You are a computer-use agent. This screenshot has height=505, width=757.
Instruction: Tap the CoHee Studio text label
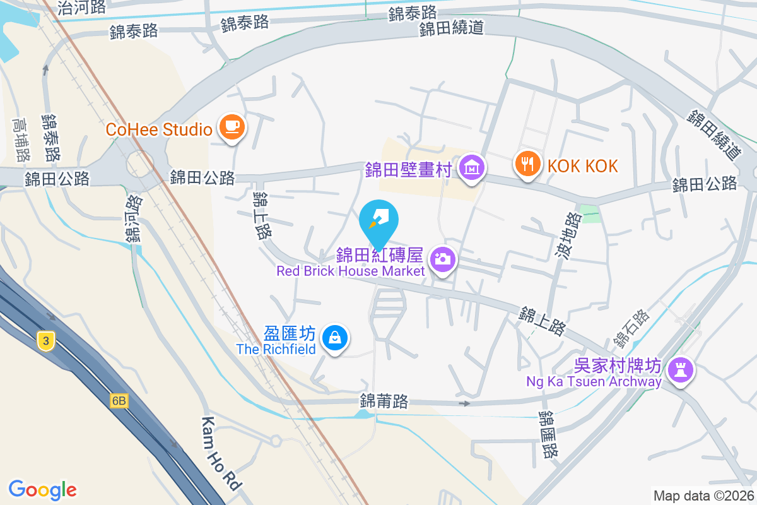click(x=158, y=129)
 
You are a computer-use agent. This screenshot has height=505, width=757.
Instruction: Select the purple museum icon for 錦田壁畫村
click(x=472, y=168)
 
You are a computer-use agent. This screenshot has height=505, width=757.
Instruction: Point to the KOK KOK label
click(x=582, y=165)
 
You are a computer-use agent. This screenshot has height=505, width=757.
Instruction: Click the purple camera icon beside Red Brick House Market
click(x=443, y=259)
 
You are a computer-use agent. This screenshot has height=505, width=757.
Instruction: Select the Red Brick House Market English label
click(x=350, y=271)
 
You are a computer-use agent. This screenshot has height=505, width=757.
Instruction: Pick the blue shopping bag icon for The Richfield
click(x=334, y=338)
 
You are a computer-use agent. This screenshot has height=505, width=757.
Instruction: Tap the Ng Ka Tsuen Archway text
click(x=594, y=381)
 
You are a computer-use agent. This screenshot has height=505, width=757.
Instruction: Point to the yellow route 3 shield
click(x=45, y=342)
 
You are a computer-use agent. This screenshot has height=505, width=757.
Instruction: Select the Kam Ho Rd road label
click(x=221, y=453)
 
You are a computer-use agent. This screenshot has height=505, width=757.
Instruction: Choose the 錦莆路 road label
click(x=384, y=401)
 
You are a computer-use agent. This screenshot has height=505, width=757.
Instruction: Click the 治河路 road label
click(x=81, y=7)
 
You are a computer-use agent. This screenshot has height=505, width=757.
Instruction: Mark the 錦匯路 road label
click(x=548, y=436)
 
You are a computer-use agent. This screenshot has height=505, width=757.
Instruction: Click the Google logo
click(x=42, y=489)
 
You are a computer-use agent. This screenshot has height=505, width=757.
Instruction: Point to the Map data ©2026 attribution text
click(x=703, y=496)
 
